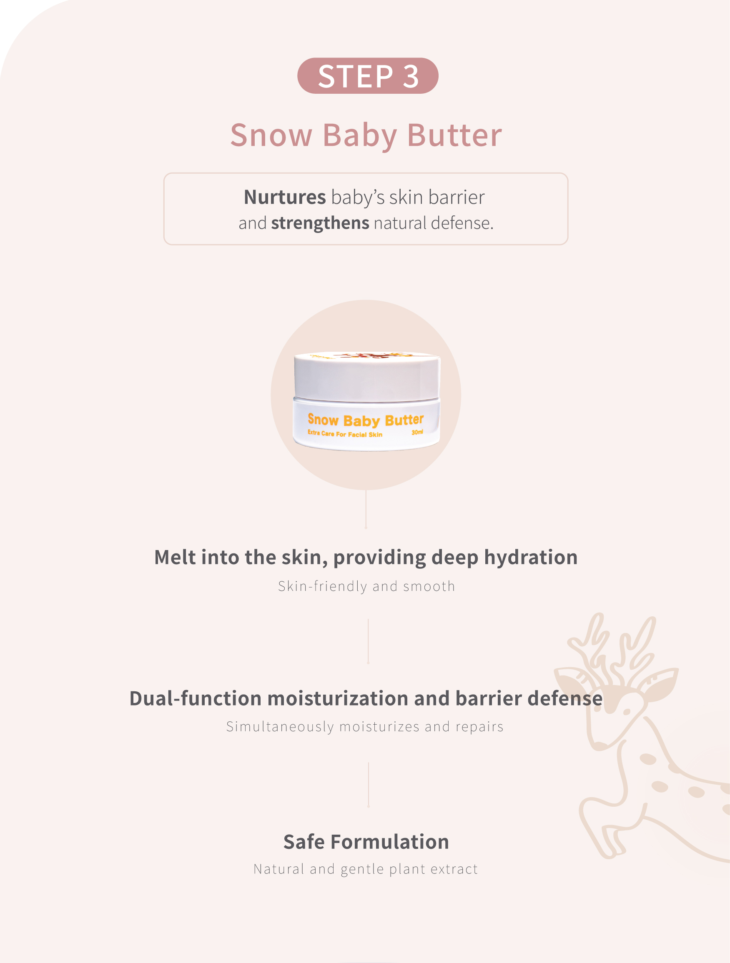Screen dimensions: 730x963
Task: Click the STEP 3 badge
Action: [x=368, y=76]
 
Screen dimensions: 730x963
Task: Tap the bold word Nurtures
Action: [x=284, y=197]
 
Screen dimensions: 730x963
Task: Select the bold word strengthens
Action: [x=320, y=223]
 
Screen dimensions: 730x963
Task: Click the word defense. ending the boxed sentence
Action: [x=462, y=223]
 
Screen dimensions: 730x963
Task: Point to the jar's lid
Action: [x=367, y=376]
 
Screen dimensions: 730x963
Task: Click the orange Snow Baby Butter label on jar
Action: [x=366, y=420]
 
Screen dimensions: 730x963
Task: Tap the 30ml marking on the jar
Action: [x=417, y=432]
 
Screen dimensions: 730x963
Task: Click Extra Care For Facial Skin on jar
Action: [x=345, y=434]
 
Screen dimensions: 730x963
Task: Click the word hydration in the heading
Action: [x=531, y=558]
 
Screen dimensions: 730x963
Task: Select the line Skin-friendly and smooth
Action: [x=367, y=586]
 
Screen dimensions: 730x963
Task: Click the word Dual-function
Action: [x=196, y=698]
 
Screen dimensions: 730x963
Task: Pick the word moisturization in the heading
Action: [x=338, y=698]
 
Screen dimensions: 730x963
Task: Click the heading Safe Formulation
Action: [x=366, y=842]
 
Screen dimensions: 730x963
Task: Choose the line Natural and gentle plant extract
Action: [x=366, y=869]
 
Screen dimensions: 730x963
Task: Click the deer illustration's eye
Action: [x=627, y=712]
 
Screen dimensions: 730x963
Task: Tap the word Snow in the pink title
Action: [x=271, y=135]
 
